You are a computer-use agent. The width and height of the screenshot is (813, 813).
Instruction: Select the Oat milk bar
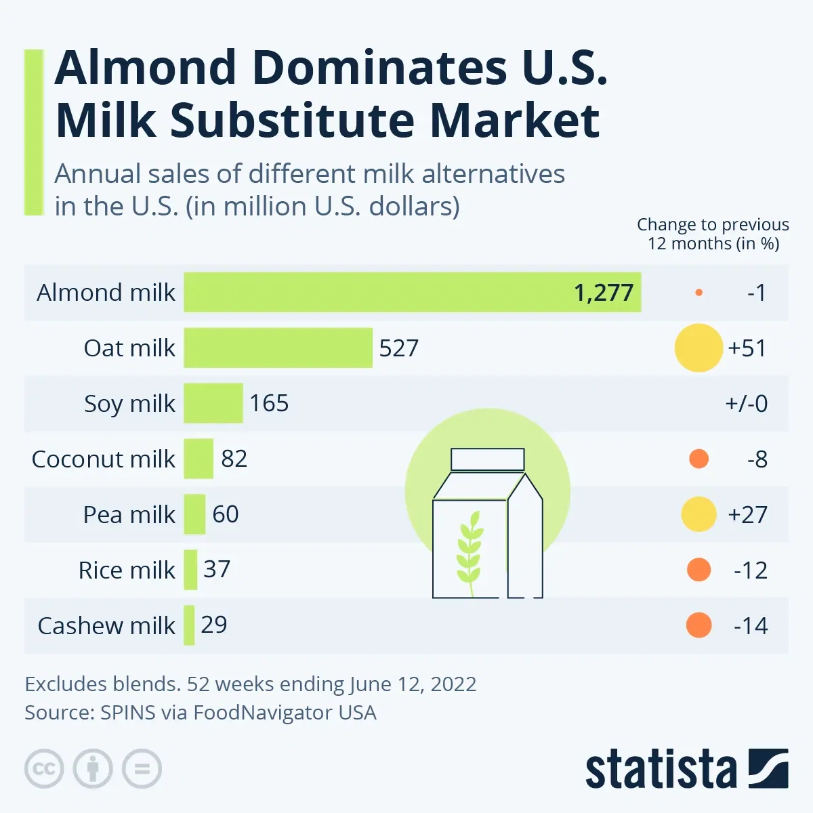(x=278, y=348)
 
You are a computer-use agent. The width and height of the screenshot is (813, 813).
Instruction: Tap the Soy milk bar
(x=213, y=403)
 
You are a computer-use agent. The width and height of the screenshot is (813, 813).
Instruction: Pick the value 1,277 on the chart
(x=603, y=293)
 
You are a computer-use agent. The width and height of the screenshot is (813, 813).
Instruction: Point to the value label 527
(x=398, y=348)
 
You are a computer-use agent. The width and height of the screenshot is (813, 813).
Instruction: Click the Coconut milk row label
(x=103, y=459)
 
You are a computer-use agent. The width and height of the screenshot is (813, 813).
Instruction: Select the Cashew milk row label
(x=106, y=626)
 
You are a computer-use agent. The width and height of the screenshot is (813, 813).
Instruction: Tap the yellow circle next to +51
(x=699, y=348)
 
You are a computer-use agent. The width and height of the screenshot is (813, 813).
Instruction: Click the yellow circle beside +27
(x=699, y=514)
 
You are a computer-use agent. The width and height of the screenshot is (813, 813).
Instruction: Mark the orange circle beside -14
(x=699, y=625)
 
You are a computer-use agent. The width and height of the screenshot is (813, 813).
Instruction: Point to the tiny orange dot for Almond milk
(x=699, y=293)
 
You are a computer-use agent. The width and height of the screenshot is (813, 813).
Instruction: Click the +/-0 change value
(x=747, y=404)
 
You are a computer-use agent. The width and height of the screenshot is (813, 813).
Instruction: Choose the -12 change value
(x=751, y=570)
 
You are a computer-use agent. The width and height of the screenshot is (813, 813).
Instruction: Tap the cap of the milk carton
(x=488, y=459)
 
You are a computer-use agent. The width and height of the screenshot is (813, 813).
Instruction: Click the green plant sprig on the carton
(x=470, y=550)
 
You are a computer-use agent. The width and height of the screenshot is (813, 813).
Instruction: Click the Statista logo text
(x=661, y=770)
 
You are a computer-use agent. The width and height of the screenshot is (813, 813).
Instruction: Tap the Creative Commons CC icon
(x=44, y=769)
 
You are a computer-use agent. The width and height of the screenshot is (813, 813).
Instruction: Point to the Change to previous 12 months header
(x=713, y=234)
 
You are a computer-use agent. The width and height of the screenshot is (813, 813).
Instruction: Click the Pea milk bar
(x=194, y=514)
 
